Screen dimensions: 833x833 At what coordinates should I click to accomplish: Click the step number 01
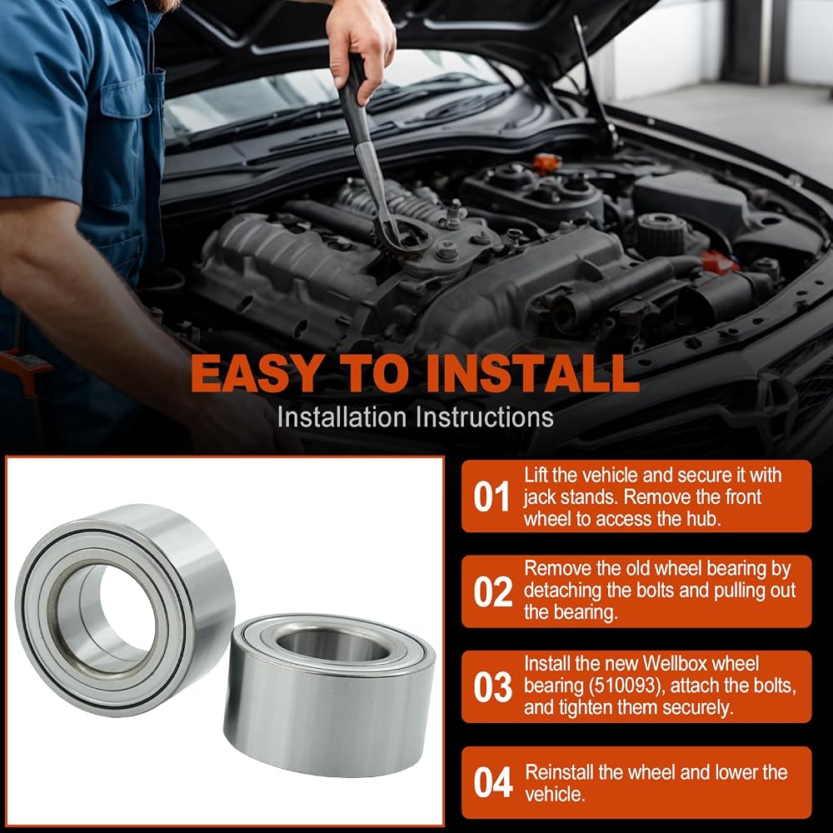(491, 496)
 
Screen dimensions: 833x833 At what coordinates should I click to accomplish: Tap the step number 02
(493, 591)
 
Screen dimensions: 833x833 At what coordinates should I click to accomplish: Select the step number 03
(493, 687)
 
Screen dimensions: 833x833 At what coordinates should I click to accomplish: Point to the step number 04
(493, 782)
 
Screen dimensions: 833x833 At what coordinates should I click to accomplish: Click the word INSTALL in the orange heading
(532, 373)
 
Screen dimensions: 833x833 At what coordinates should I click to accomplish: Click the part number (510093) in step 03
(625, 686)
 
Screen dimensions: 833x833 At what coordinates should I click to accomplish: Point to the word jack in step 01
(539, 498)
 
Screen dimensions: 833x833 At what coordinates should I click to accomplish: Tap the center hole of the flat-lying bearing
(333, 646)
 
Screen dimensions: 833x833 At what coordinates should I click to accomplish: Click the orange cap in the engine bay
(546, 162)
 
